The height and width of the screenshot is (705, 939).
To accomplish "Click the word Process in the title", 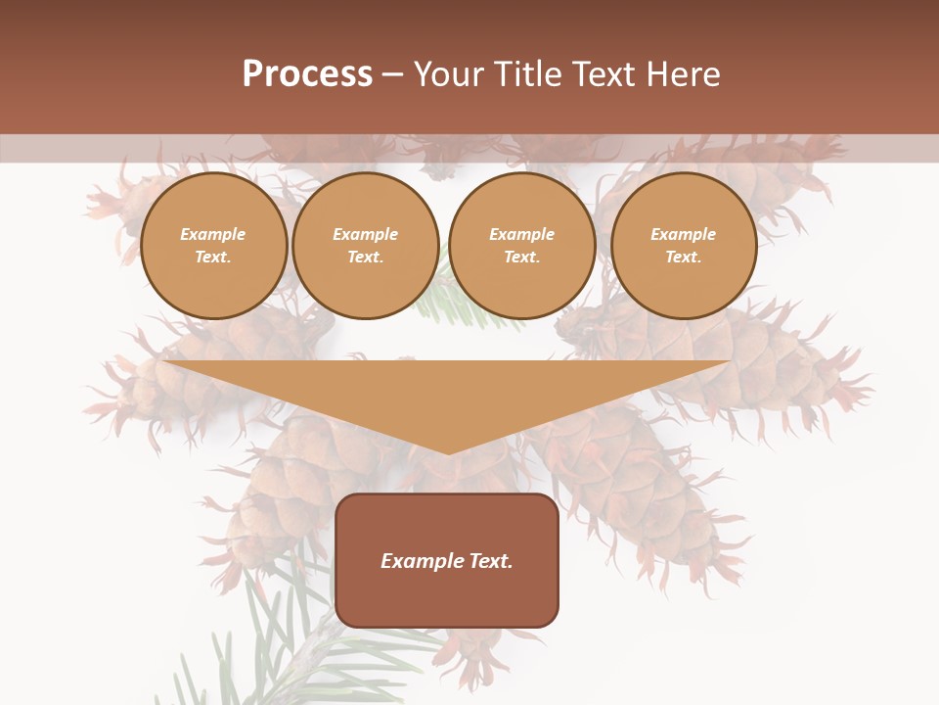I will (307, 74).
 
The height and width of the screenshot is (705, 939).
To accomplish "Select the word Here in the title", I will (683, 74).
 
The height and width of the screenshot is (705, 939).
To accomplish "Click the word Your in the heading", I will (451, 74).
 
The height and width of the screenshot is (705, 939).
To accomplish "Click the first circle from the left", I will (214, 246).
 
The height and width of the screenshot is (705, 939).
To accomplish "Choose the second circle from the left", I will (366, 246).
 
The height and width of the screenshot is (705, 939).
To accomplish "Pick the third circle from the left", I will (522, 246).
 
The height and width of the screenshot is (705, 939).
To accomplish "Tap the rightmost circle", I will (684, 246).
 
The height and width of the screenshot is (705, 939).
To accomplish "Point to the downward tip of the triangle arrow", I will (448, 450).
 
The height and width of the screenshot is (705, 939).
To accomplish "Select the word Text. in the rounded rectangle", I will (491, 561).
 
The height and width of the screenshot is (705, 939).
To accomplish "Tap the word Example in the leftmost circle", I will (213, 234).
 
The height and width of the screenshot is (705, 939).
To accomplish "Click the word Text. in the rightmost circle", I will (684, 258).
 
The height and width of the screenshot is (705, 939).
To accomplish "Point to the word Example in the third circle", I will (522, 234).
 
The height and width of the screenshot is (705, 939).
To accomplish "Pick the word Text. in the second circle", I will (366, 258).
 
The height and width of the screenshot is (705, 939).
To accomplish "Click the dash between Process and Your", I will (393, 74).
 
